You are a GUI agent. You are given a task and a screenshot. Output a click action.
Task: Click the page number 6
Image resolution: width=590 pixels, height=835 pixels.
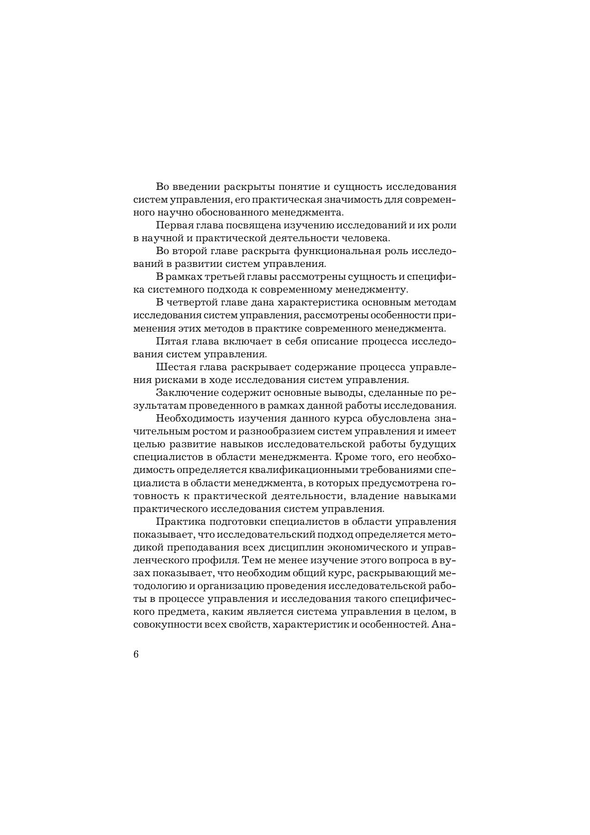[136, 654]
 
